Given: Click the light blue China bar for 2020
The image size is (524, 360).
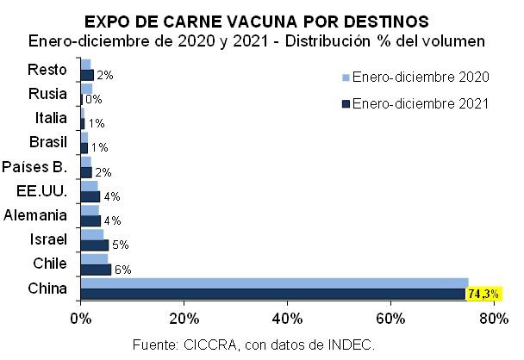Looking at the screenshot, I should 274,282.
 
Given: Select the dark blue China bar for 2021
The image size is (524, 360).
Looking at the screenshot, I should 272,294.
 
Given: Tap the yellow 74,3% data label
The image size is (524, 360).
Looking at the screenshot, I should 483,295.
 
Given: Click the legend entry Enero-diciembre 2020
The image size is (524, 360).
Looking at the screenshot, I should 421,78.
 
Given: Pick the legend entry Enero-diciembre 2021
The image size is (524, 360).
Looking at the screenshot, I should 421,103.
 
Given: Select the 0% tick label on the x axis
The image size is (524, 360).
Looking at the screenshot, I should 80,320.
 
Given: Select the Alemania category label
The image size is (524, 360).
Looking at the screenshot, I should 36,214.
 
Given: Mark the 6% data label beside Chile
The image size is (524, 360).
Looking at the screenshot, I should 122,270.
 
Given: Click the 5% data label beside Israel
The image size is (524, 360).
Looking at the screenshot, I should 120,245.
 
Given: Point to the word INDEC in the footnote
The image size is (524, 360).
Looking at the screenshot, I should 350,344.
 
